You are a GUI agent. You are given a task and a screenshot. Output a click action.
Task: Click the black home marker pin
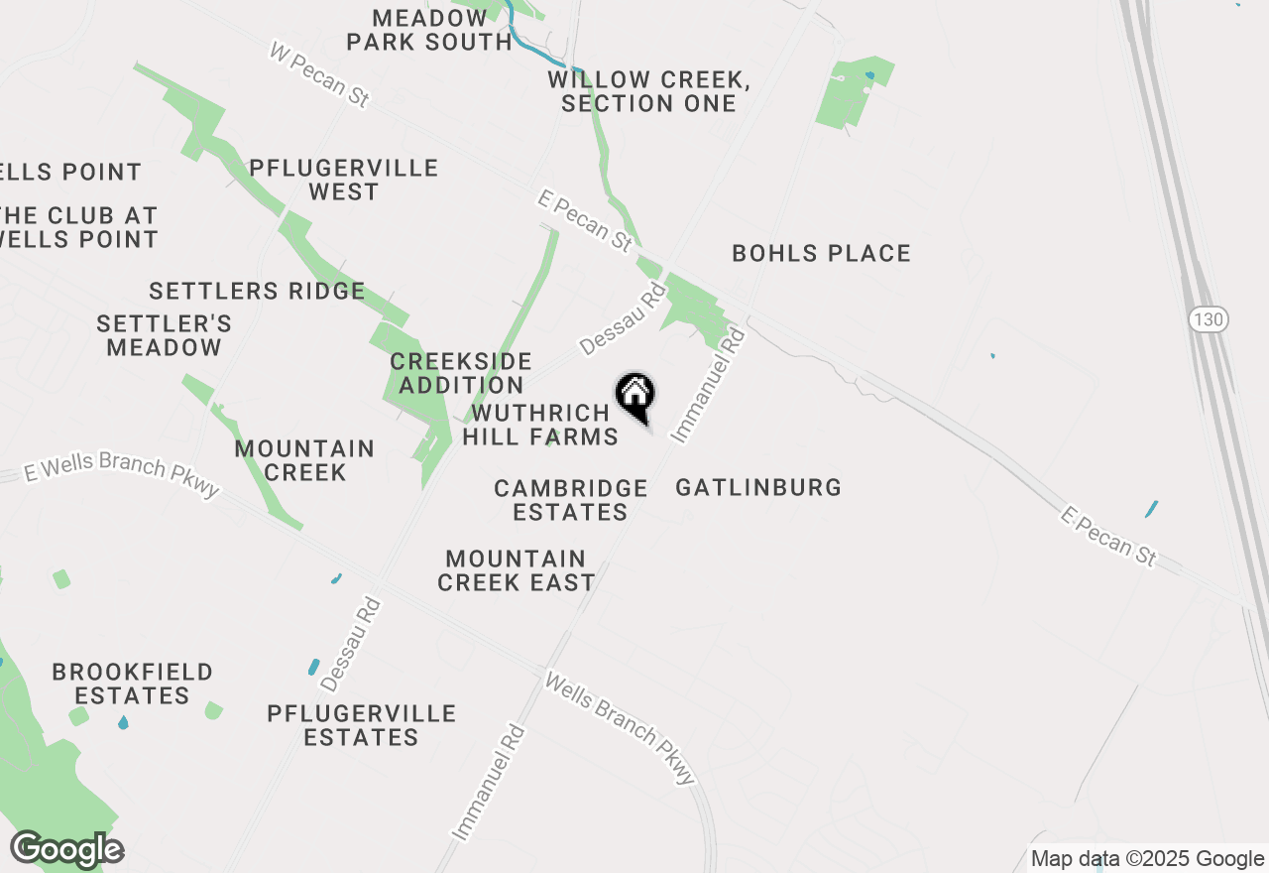click(x=635, y=395)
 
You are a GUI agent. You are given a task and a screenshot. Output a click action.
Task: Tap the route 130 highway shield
click(x=1209, y=319)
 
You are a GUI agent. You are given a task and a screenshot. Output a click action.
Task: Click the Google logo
click(x=66, y=849)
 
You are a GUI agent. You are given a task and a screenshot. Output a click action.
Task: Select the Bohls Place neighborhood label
click(x=821, y=254)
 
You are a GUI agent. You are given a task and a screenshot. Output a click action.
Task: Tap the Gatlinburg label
click(x=758, y=488)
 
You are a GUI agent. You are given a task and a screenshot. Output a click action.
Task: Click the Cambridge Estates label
click(x=571, y=500)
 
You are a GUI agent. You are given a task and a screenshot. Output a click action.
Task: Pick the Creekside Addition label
click(x=461, y=373)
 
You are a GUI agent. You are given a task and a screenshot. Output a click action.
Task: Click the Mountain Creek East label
click(x=516, y=570)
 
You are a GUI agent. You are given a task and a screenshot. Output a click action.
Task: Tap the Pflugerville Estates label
click(x=362, y=725)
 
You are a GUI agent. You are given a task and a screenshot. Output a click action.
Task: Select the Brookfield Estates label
click(x=132, y=684)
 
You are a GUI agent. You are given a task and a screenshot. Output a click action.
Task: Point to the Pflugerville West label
click(x=343, y=180)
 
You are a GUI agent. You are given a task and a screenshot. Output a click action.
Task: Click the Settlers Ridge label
click(x=257, y=292)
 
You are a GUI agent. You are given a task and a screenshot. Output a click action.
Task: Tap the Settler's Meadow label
click(x=165, y=335)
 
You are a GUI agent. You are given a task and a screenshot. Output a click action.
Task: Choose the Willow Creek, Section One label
click(x=648, y=91)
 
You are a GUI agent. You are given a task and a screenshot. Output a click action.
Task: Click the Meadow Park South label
click(x=429, y=30)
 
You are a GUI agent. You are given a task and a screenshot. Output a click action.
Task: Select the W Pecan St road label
click(x=320, y=73)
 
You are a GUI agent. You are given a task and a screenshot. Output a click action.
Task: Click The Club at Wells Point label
click(x=79, y=227)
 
